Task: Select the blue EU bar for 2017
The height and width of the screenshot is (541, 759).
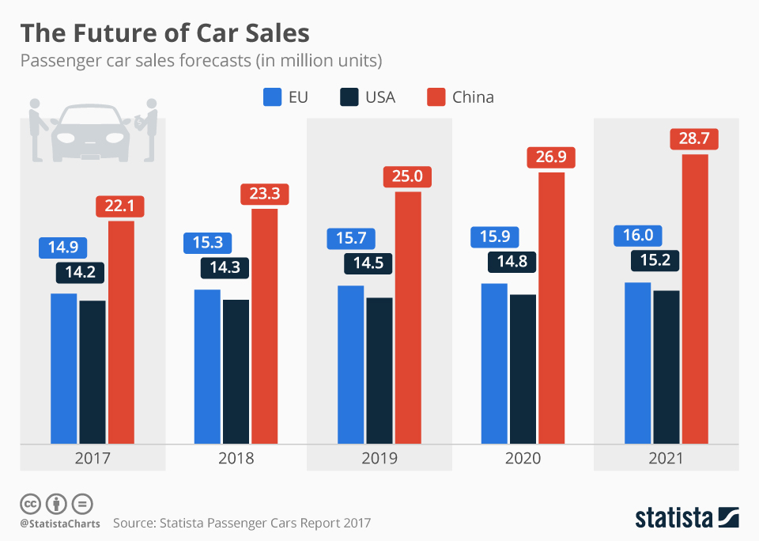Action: click(64, 369)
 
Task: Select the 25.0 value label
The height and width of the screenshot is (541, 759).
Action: click(408, 177)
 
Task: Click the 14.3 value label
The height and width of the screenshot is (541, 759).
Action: click(224, 267)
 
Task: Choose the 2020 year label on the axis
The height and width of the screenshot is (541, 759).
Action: click(523, 458)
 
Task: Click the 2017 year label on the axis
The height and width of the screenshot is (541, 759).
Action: click(93, 458)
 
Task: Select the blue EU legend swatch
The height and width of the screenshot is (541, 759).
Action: click(272, 97)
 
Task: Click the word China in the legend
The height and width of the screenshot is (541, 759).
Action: click(473, 97)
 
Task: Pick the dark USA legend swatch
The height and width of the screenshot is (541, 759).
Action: click(349, 97)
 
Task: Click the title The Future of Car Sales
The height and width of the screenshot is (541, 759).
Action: click(164, 33)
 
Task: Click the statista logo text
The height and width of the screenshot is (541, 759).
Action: click(672, 518)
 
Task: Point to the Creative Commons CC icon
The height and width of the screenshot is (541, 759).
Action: click(31, 503)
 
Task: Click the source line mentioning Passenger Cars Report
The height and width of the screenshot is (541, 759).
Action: click(242, 523)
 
